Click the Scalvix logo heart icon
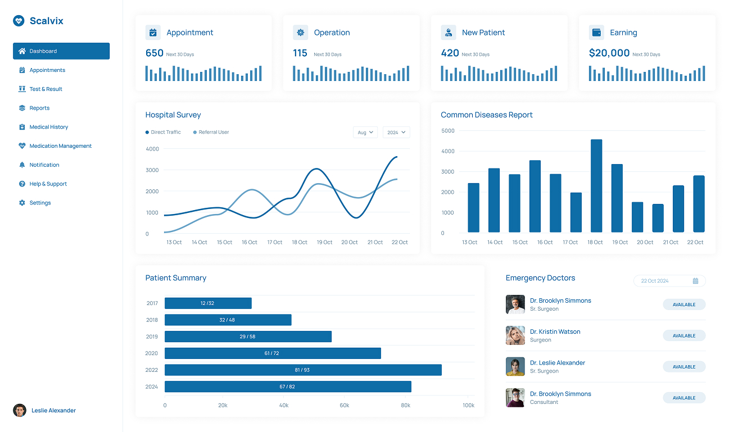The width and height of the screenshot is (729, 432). coord(19,21)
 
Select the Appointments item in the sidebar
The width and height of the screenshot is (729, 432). coord(47,70)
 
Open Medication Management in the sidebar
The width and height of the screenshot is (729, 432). coord(60,146)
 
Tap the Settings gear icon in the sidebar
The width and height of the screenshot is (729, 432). coord(22,203)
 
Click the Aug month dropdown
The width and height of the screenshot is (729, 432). coord(365,133)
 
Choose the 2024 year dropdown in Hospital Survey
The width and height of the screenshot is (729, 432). coord(396,133)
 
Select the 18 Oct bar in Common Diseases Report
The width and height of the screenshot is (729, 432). coord(596,186)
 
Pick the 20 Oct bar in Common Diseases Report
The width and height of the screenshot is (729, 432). coord(637,217)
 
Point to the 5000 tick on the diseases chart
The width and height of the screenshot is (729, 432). coord(448,131)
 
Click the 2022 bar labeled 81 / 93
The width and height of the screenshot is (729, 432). coord(303,370)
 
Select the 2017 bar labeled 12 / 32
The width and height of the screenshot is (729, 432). coord(208,303)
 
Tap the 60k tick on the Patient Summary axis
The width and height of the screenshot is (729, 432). coord(345,405)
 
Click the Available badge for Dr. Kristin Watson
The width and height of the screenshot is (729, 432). coord(684,336)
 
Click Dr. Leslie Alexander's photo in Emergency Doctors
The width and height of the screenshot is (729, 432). coord(515,367)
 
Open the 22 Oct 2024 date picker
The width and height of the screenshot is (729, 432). coord(669,281)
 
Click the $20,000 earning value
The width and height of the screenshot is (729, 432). coord(609,53)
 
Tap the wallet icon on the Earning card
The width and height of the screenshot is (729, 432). coord(596,33)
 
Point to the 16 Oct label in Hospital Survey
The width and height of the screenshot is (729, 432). coord(250,242)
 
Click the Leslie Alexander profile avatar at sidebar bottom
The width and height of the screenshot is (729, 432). coord(20,411)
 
